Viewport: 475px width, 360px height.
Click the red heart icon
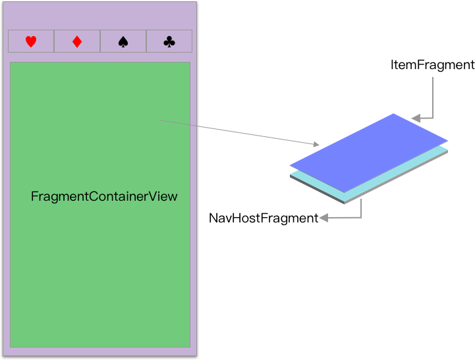31,41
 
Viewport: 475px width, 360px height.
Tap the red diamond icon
77,41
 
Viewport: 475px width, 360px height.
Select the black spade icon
123,41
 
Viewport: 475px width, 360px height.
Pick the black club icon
169,41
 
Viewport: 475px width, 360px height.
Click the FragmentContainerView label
104,197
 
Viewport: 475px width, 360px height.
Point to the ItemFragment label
432,65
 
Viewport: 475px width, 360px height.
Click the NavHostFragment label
264,218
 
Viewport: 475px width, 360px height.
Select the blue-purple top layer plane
369,153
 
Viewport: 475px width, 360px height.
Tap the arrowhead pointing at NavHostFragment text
323,218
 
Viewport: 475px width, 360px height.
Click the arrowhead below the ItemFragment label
416,118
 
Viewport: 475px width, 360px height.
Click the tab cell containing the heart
31,41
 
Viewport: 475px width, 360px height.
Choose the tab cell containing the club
169,41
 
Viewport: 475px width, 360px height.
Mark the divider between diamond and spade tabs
100,41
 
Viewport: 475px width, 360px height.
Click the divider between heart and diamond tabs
54,41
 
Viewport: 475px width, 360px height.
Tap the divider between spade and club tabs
146,41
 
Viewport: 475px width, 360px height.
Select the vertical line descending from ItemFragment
433,97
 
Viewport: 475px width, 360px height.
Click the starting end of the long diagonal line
159,120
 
